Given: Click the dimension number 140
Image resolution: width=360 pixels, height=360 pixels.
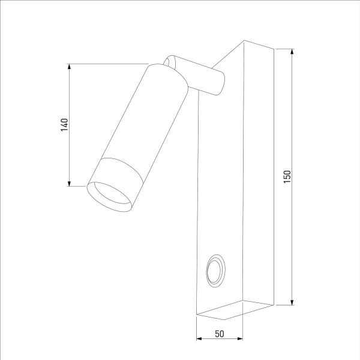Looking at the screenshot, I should point(65,124).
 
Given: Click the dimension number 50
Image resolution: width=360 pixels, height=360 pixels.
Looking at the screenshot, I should point(220,334).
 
